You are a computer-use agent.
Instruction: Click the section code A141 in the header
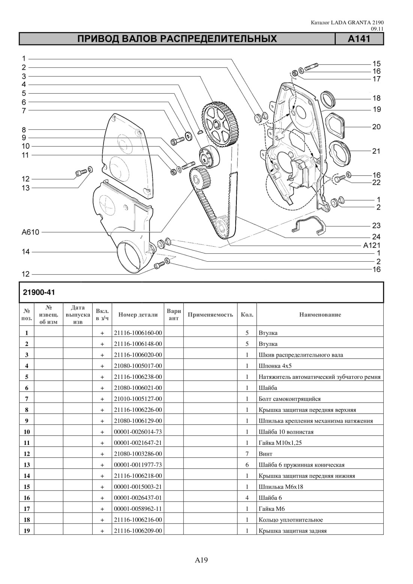(x=359, y=39)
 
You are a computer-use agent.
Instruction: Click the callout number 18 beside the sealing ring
(x=377, y=98)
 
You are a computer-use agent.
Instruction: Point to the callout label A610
(x=30, y=232)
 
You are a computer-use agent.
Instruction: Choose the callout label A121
(x=372, y=245)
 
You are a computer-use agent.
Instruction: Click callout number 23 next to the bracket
(x=376, y=225)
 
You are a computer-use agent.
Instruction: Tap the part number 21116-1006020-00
(x=138, y=355)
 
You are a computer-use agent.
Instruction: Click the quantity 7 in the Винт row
(x=247, y=454)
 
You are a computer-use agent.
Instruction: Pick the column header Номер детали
(x=138, y=314)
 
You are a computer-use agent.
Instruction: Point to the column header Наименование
(x=320, y=314)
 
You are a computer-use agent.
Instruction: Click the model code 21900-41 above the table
(x=39, y=292)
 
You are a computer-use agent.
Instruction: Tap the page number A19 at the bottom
(x=201, y=560)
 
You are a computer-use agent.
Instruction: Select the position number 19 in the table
(x=27, y=530)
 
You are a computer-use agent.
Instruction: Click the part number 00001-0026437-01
(x=138, y=498)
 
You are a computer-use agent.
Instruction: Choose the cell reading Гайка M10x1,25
(x=280, y=443)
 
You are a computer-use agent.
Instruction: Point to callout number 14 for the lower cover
(x=26, y=252)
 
